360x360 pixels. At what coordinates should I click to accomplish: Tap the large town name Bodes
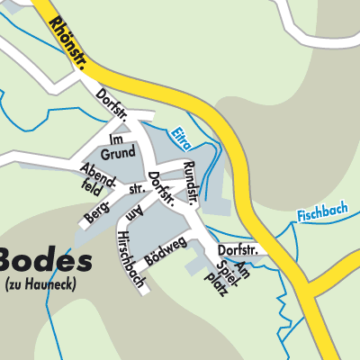(x=45, y=261)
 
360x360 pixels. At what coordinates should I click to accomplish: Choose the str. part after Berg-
(x=136, y=191)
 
